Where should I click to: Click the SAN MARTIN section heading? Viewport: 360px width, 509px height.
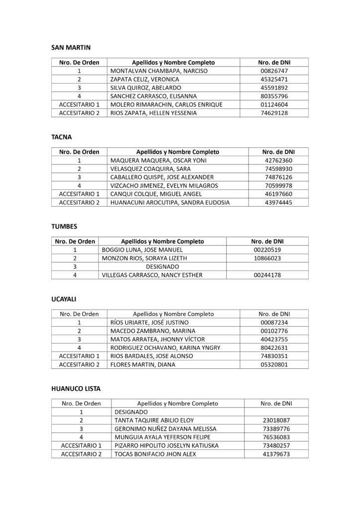tap(72, 48)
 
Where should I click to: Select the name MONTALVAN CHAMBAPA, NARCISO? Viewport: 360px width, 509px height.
tap(152, 71)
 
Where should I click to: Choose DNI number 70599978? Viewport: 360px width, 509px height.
tap(278, 185)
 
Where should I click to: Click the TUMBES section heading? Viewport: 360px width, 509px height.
tap(64, 226)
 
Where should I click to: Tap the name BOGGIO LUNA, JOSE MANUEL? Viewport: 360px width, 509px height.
tap(142, 250)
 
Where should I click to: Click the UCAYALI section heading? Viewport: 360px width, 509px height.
tap(65, 300)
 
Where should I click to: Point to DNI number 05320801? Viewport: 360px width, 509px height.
tap(274, 364)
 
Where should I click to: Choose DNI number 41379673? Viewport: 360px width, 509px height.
tap(276, 454)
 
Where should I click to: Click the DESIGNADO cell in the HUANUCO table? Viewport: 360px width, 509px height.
tap(131, 412)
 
